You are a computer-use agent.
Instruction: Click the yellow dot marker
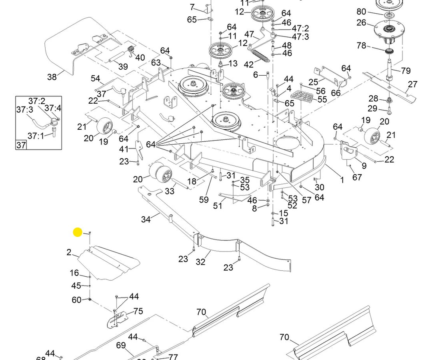click(78, 232)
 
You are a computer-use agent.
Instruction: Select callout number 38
click(52, 76)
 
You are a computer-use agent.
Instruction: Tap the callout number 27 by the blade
click(413, 84)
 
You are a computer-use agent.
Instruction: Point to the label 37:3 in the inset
click(24, 110)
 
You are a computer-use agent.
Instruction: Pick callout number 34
click(146, 219)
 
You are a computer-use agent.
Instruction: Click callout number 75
click(138, 311)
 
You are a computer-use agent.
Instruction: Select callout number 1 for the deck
click(342, 180)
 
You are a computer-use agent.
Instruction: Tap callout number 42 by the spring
click(249, 64)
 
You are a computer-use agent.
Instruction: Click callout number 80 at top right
click(361, 11)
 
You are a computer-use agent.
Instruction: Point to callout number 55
click(322, 100)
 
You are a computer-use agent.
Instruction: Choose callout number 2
click(69, 252)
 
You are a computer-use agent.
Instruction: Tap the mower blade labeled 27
click(390, 85)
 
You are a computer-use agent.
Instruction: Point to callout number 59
click(204, 199)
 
